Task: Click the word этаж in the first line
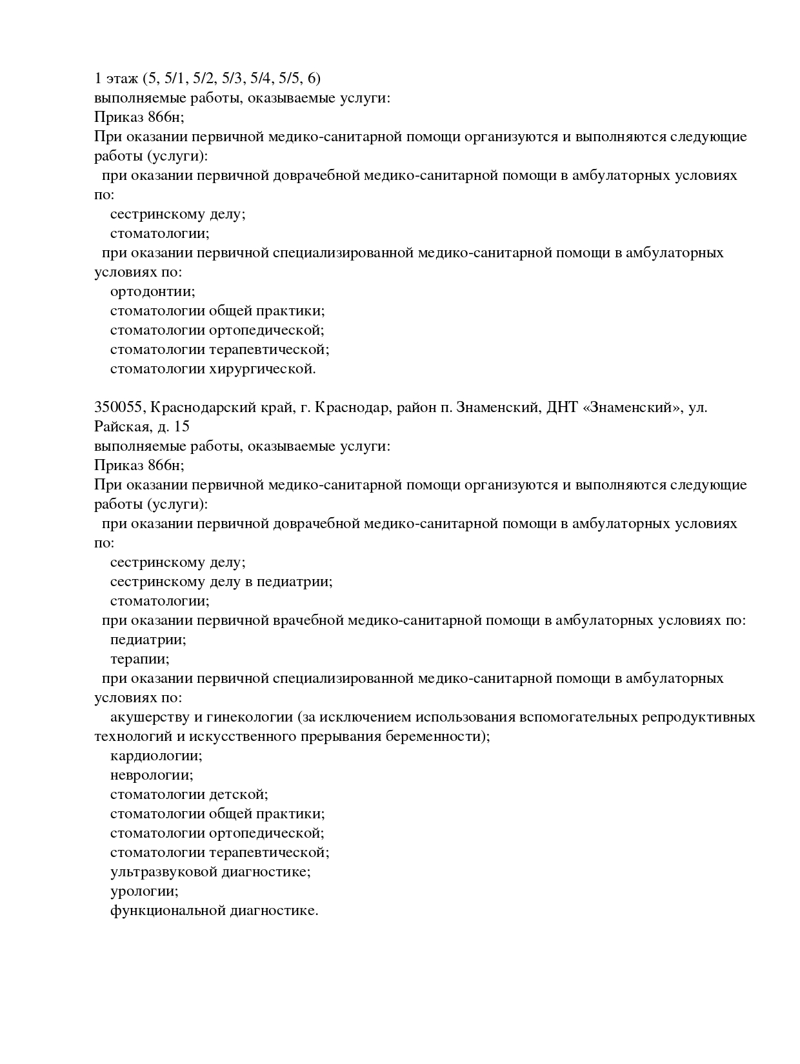pyautogui.click(x=121, y=79)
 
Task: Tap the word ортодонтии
pyautogui.click(x=152, y=291)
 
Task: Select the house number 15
pyautogui.click(x=181, y=427)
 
